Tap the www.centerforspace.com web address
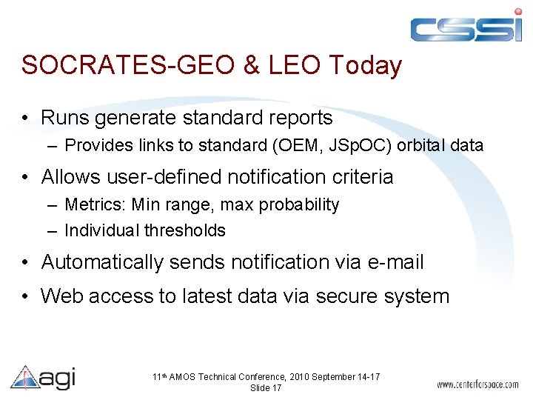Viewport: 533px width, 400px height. pos(477,385)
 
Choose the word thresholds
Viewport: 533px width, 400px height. pos(185,230)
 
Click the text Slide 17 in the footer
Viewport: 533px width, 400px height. pos(266,388)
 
